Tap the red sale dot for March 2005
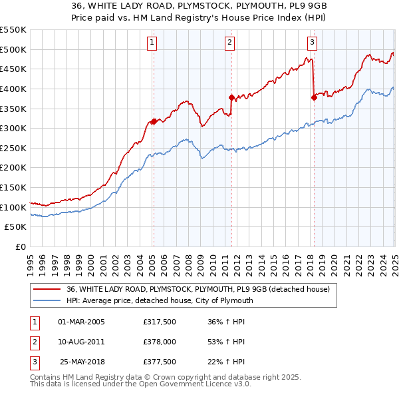[x=153, y=121]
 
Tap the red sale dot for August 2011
[x=231, y=97]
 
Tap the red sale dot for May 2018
[x=314, y=97]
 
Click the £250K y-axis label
[x=13, y=148]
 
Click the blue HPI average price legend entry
[x=160, y=300]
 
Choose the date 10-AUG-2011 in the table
[x=82, y=342]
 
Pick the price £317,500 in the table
[x=159, y=322]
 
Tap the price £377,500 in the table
[x=159, y=362]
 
